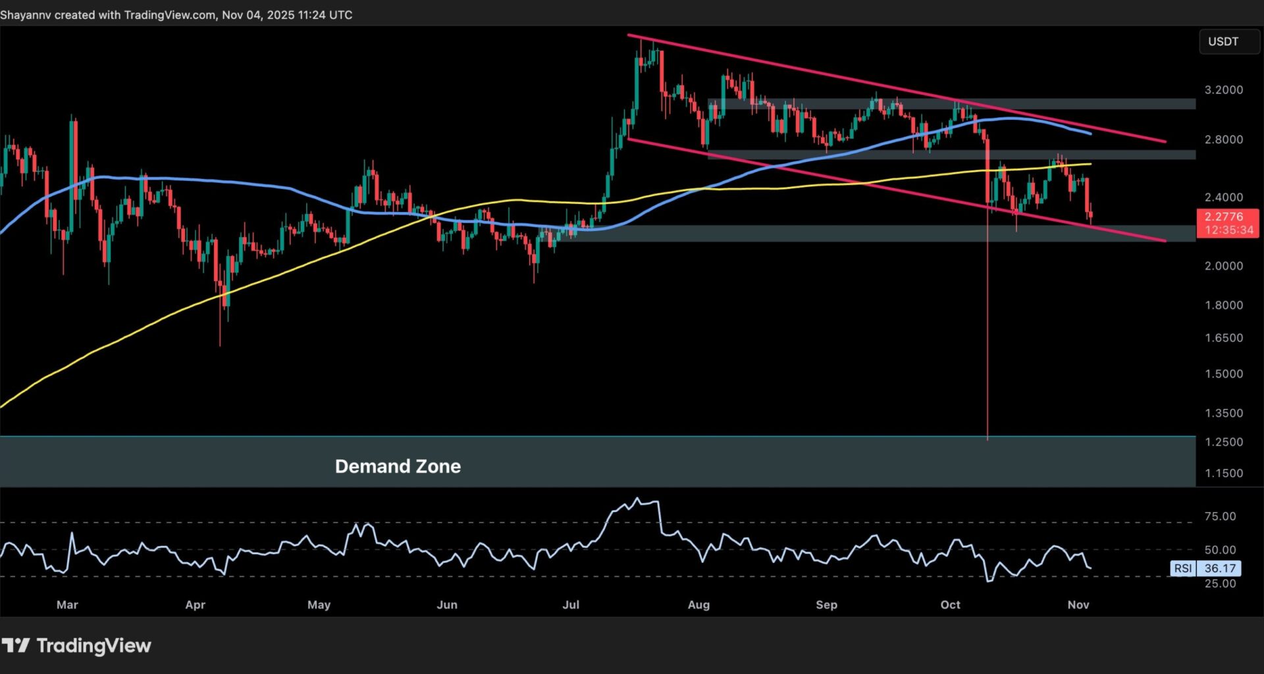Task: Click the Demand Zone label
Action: coord(398,466)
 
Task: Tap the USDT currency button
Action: coord(1223,41)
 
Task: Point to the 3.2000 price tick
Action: coord(1223,90)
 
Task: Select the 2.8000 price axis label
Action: coord(1223,140)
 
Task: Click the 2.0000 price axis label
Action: coord(1223,266)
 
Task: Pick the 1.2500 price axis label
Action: coord(1223,442)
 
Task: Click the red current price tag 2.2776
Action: coord(1224,217)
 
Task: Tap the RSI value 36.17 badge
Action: coord(1219,568)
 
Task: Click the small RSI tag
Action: coord(1183,568)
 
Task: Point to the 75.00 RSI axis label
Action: coord(1220,516)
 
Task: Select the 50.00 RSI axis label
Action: coord(1220,550)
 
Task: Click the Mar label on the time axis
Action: coord(67,604)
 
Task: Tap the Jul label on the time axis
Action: coord(571,604)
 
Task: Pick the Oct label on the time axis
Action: coord(950,604)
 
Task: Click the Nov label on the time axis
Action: coord(1078,604)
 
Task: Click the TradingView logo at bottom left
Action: coord(76,646)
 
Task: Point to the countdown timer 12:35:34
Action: coord(1228,230)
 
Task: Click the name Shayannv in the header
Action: coord(26,14)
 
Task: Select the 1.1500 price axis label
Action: coord(1223,473)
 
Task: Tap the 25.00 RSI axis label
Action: coord(1220,583)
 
